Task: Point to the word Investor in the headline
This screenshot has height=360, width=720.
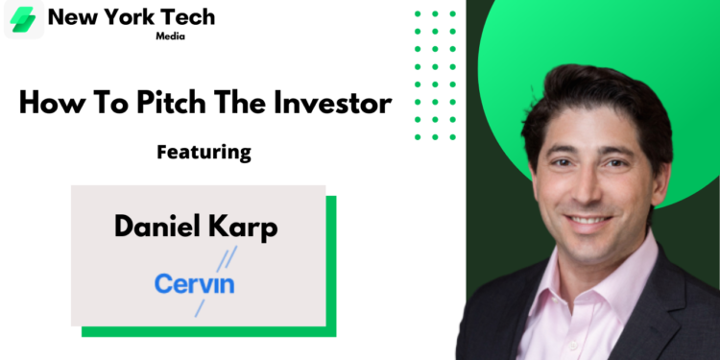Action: tap(333, 103)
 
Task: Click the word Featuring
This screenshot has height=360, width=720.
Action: tap(204, 152)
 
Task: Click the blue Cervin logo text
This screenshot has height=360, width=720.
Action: tap(195, 283)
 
